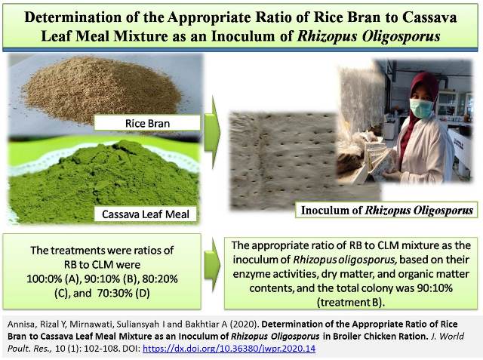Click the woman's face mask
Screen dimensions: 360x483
pos(421,109)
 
